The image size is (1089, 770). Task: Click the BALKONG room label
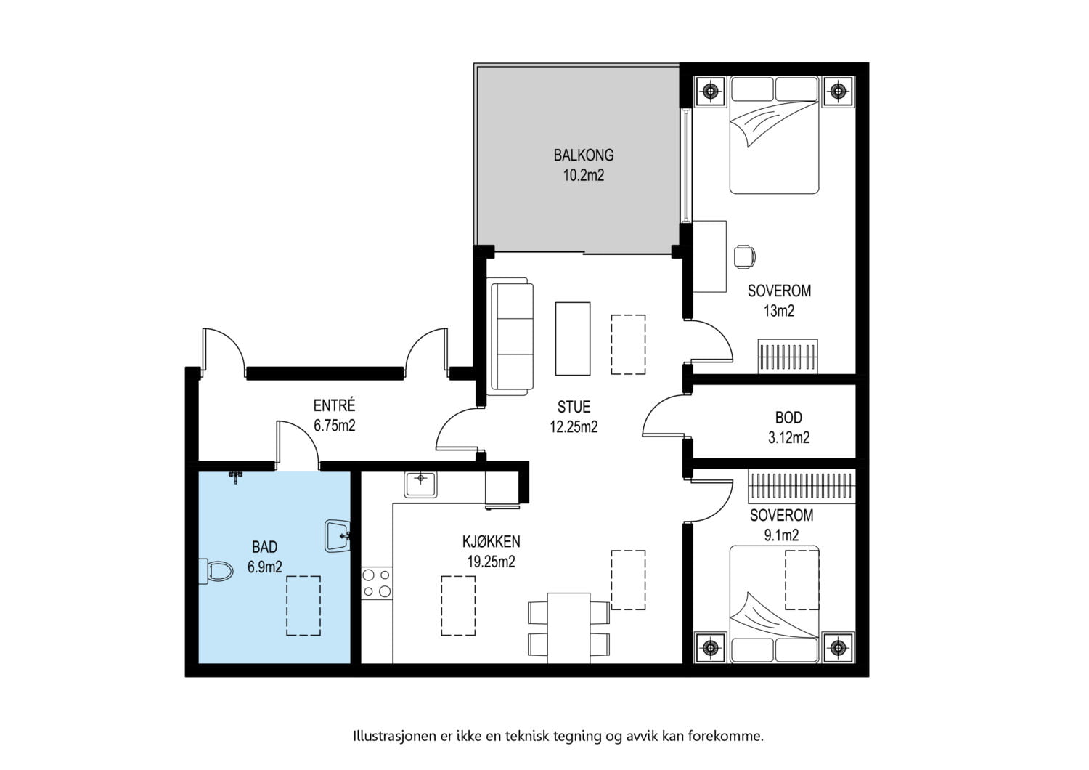pos(584,155)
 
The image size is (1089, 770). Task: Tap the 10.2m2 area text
pos(584,175)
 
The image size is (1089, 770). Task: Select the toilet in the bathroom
pos(216,571)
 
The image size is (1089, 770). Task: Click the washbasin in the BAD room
pos(338,536)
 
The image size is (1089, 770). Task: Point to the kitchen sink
pos(420,484)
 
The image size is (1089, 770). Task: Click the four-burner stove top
pos(377,583)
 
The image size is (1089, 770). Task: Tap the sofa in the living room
pos(510,336)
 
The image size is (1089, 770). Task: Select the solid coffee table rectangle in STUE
pos(573,339)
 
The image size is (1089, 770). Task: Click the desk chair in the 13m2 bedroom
pos(744,256)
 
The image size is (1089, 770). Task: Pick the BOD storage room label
pos(788,418)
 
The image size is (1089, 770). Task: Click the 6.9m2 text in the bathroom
pos(264,567)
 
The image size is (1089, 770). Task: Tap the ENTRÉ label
pos(334,405)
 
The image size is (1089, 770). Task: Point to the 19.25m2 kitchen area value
pos(491,562)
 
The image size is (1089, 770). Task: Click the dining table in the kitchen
pos(568,628)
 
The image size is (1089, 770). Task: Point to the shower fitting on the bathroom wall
pos(236,477)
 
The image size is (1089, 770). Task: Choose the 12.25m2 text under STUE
pos(574,426)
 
